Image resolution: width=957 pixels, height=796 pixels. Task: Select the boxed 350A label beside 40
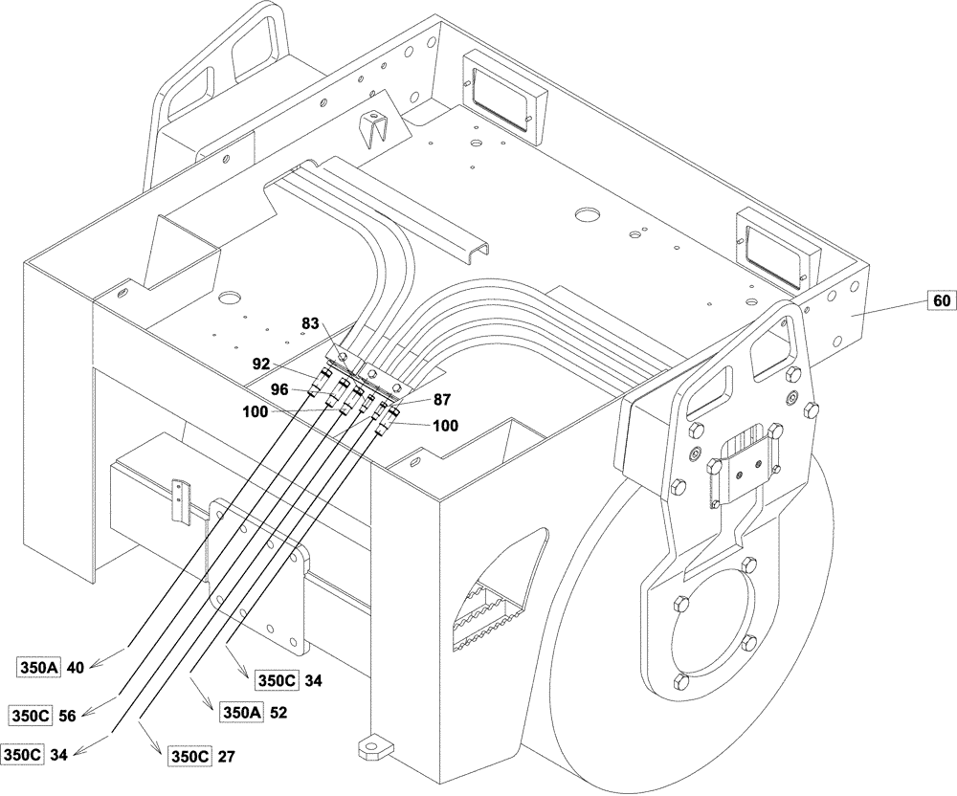[x=39, y=668]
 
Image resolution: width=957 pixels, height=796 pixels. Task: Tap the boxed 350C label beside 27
[x=189, y=755]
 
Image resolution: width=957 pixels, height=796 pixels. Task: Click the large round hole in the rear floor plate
[x=586, y=214]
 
